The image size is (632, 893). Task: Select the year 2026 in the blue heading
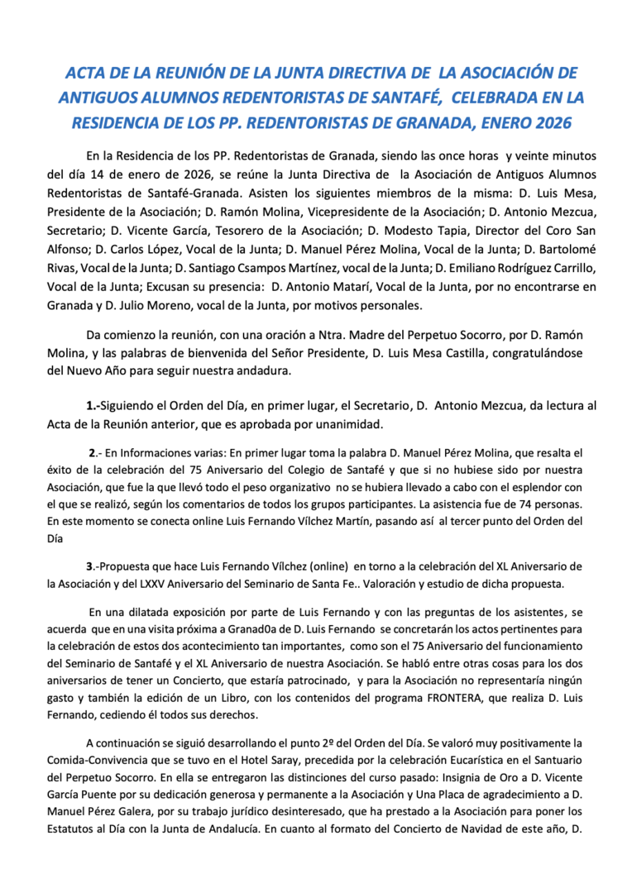tap(547, 122)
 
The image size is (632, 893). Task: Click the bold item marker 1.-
tap(93, 406)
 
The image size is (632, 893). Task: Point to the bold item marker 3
tap(90, 566)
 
